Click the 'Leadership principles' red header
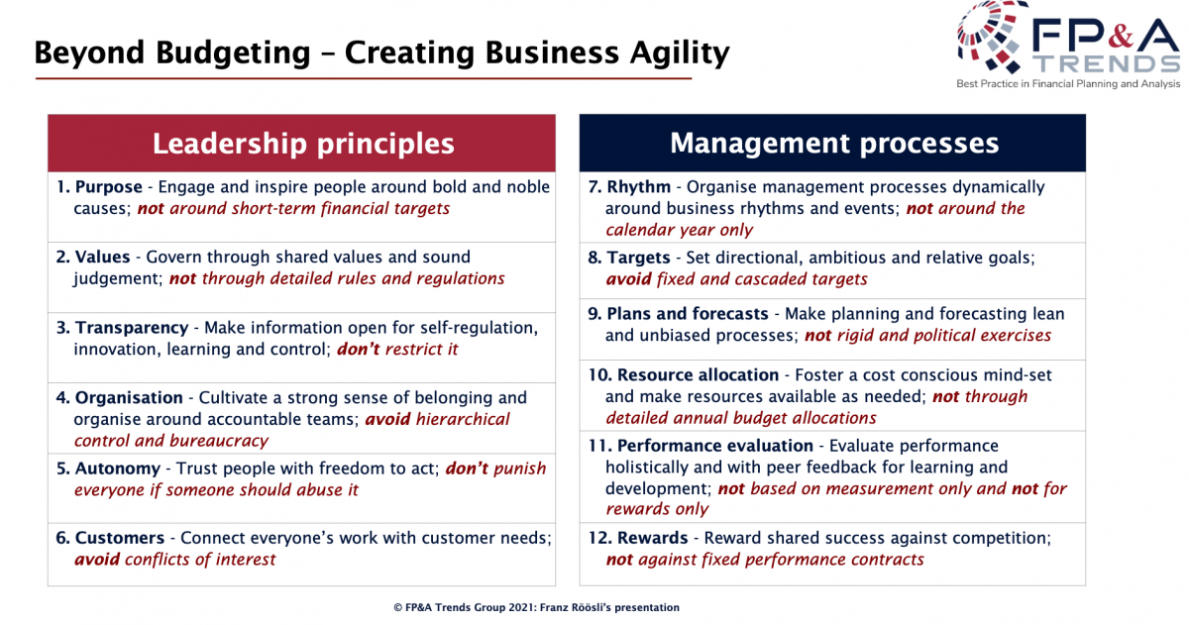[x=301, y=143]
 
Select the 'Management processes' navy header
[x=832, y=143]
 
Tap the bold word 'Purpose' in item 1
[x=109, y=187]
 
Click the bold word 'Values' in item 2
[x=102, y=257]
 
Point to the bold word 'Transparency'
[x=132, y=328]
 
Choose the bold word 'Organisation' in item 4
[x=129, y=398]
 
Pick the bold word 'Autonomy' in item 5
[x=118, y=469]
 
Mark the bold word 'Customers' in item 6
[x=120, y=538]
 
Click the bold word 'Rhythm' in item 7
[x=638, y=187]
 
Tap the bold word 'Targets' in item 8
[x=638, y=258]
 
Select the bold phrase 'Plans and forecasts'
[x=688, y=314]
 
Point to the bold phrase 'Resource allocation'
[x=698, y=375]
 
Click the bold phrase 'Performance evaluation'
[x=715, y=446]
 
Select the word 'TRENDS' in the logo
[x=1108, y=64]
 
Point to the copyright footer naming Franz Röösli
[x=536, y=607]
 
